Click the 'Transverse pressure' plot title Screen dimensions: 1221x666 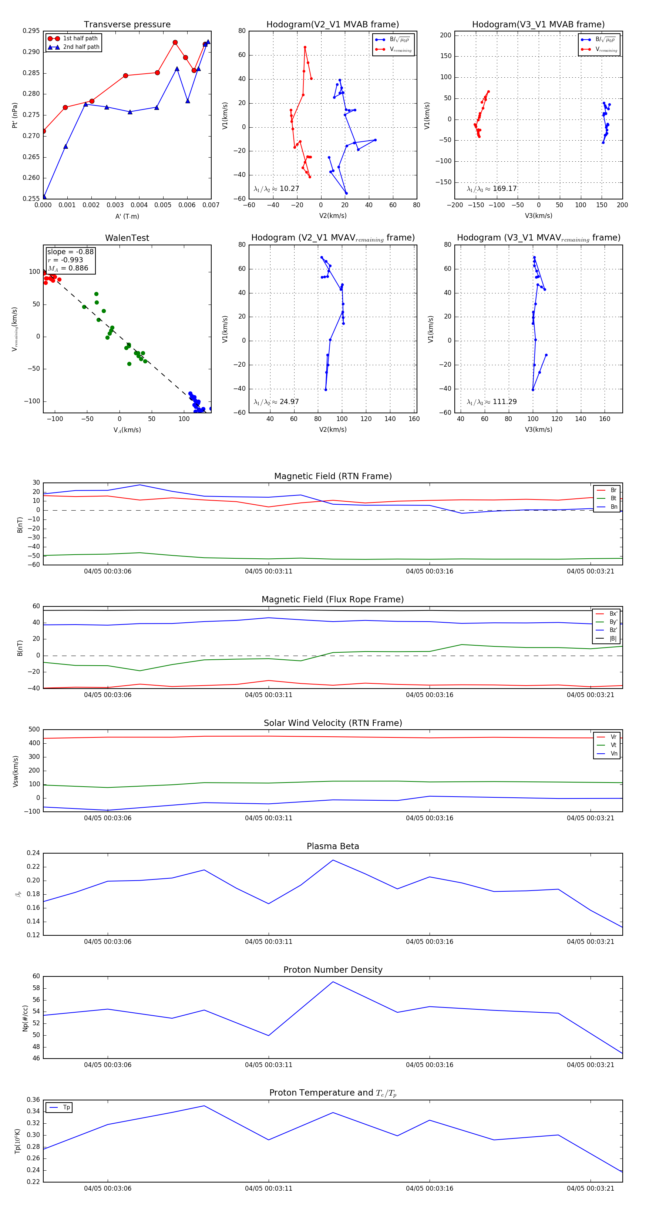tap(127, 25)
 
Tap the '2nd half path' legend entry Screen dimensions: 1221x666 tap(81, 47)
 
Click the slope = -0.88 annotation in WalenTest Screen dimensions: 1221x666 tap(70, 252)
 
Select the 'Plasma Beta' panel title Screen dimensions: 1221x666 tap(333, 847)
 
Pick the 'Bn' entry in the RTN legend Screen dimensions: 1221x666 tap(613, 507)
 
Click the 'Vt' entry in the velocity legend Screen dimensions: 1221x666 tap(613, 745)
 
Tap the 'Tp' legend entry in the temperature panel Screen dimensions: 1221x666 tap(66, 1108)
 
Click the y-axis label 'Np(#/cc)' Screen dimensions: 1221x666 tap(25, 1019)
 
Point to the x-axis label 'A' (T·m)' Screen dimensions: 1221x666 tap(127, 216)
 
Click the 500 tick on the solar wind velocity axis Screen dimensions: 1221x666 tap(34, 730)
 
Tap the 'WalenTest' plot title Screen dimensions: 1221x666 tap(127, 238)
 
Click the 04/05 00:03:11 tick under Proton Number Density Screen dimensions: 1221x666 tap(268, 1065)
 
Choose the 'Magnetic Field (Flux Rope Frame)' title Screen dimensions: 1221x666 tap(333, 600)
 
